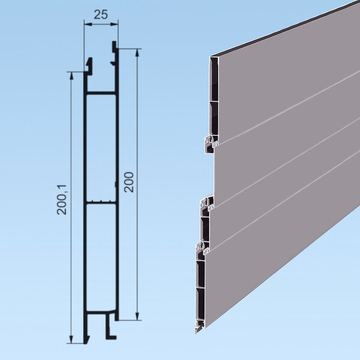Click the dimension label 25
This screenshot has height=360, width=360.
click(101, 14)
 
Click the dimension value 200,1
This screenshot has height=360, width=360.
click(62, 200)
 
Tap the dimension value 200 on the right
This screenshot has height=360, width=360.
click(129, 182)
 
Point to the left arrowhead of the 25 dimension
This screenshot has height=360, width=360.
click(87, 24)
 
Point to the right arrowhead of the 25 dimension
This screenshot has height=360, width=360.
click(115, 24)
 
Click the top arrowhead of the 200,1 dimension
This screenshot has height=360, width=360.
click(71, 76)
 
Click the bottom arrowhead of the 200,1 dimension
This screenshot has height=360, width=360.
click(71, 340)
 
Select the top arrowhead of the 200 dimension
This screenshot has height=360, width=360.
click(137, 52)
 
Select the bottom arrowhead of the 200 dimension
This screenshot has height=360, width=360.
click(137, 316)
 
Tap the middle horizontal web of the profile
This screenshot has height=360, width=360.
click(101, 203)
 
